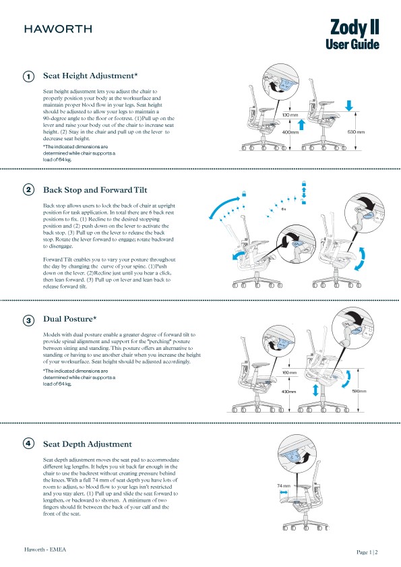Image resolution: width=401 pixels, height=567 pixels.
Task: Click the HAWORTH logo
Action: point(58,29)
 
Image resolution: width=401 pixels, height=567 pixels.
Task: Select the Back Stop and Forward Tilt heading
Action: point(100,190)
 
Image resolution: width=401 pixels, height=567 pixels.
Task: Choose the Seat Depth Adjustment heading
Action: point(88,444)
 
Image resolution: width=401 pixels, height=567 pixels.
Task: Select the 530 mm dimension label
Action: point(355,132)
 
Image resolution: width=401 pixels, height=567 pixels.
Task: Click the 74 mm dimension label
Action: point(284,485)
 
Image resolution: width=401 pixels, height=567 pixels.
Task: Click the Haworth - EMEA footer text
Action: point(44,549)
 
